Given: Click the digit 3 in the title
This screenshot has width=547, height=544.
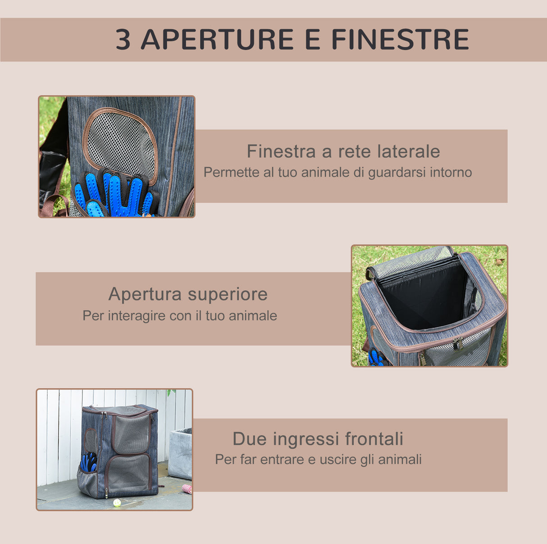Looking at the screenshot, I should tap(123, 40).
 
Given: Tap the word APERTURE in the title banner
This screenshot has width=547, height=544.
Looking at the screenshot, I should tap(217, 40).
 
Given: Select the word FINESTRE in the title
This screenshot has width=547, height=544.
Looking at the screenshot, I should tap(400, 40).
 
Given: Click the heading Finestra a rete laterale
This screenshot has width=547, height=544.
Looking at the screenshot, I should tap(343, 151).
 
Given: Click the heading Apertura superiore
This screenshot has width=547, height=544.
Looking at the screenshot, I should tap(188, 294).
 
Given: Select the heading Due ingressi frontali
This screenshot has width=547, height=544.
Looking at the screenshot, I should tap(318, 439).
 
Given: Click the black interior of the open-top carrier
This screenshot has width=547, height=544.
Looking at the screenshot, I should tap(424, 297).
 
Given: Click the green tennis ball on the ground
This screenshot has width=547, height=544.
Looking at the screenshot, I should tap(117, 503).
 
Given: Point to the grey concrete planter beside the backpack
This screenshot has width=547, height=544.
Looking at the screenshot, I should tap(180, 453).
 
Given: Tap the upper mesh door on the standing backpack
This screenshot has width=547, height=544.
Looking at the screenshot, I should tap(131, 434).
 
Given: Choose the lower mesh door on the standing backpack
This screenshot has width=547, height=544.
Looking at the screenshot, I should tap(129, 473).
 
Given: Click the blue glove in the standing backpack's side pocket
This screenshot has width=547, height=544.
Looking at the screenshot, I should tap(89, 462).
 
